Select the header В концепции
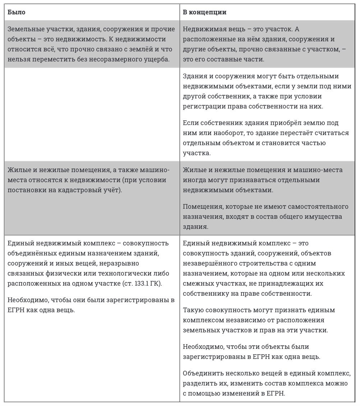click(x=204, y=12)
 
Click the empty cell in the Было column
click(x=92, y=114)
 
